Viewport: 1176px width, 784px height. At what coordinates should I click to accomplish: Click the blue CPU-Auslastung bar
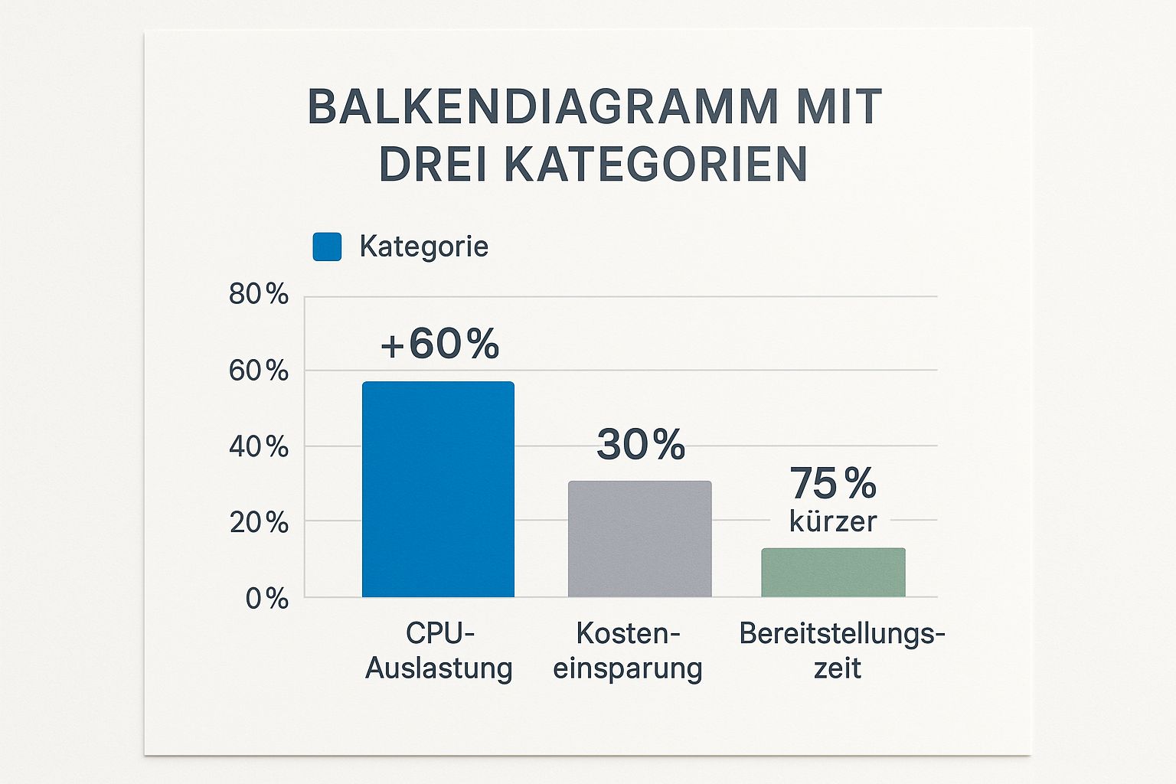coord(438,489)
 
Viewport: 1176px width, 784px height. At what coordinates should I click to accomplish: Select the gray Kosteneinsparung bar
coord(639,539)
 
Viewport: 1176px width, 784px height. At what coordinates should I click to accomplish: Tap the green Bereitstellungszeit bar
coord(833,573)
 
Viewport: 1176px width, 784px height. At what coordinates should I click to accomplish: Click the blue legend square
coord(327,247)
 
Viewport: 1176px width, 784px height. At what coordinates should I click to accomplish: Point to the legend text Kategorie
coord(423,247)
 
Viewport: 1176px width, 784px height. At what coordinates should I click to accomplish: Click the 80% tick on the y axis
coord(259,294)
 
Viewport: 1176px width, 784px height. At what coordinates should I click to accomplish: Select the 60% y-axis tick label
coord(259,371)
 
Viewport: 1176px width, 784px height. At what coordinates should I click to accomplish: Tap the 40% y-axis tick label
coord(259,446)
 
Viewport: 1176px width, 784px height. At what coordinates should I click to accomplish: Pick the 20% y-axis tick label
coord(259,523)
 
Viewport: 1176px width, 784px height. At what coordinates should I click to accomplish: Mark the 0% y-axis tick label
coord(266,598)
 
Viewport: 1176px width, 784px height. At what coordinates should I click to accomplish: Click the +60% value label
coord(440,344)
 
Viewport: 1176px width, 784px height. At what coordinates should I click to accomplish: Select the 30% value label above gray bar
coord(641,444)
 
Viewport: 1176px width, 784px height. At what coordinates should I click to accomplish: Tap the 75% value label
coord(833,483)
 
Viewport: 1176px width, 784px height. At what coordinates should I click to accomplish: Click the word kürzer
coord(833,521)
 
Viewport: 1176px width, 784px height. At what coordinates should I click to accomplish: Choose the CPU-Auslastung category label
coord(439,651)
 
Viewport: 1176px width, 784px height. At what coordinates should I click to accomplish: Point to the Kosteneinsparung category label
coord(628,651)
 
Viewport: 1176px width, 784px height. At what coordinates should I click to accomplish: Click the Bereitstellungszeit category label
coord(841,651)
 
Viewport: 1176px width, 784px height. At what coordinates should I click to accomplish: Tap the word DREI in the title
coord(433,164)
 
